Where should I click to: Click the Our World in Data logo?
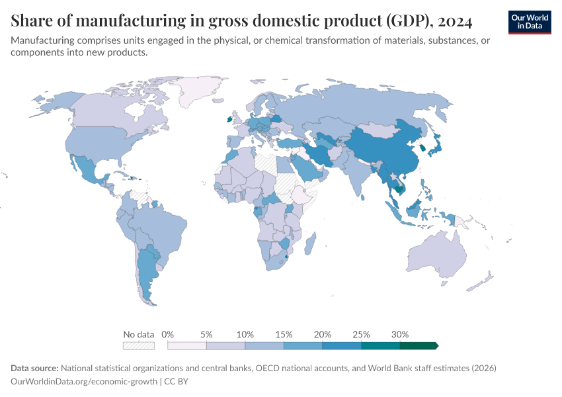click(529, 21)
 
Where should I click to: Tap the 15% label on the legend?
click(284, 334)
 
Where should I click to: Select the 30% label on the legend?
click(400, 334)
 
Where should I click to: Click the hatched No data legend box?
click(138, 345)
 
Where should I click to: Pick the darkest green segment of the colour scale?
click(418, 345)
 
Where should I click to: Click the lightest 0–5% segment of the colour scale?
click(187, 345)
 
